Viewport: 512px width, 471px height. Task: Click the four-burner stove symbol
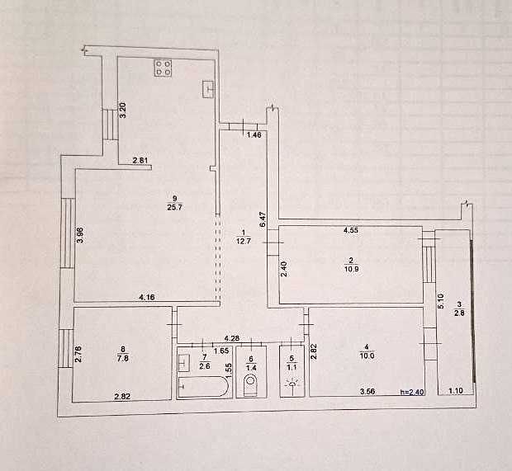162,69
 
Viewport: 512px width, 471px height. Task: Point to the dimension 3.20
122,111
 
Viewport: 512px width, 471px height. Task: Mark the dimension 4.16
148,296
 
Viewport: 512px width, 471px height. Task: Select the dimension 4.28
232,337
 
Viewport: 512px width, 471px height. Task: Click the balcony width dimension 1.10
456,393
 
